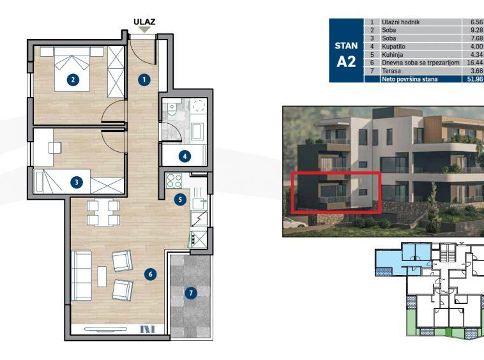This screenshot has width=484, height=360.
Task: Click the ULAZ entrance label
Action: (x=144, y=21)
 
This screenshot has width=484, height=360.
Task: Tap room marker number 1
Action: (x=144, y=80)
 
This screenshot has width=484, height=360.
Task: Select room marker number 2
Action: (x=73, y=80)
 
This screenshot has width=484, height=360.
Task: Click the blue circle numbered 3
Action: (x=77, y=182)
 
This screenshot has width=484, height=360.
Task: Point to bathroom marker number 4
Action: (x=184, y=155)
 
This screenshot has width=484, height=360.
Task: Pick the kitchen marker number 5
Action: (x=181, y=199)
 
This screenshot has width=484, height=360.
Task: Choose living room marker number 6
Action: (x=151, y=274)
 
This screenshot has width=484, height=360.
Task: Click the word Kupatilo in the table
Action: (x=394, y=47)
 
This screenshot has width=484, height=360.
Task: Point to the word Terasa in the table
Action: (x=391, y=71)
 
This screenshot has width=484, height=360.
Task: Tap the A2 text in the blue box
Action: (x=346, y=62)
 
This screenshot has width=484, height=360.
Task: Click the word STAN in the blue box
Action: (x=346, y=46)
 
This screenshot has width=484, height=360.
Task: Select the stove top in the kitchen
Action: (x=174, y=179)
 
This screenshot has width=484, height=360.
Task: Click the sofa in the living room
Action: (x=81, y=276)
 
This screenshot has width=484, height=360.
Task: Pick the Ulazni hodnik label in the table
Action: (x=401, y=22)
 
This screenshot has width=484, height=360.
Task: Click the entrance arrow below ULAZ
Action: (x=145, y=29)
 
